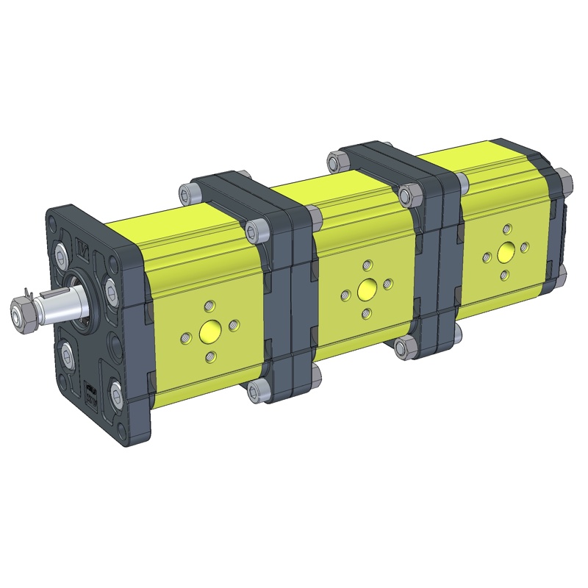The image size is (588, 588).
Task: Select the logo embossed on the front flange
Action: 84,252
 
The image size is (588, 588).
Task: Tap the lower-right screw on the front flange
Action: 118,394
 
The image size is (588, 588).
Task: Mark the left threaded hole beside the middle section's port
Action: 344,296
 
